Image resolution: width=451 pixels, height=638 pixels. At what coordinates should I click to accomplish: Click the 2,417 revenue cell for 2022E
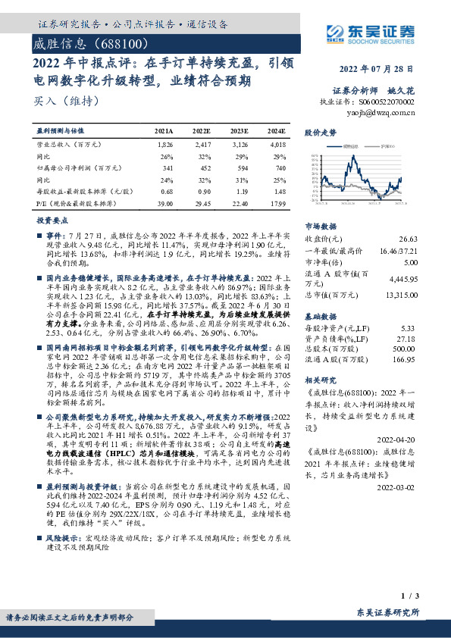coord(202,143)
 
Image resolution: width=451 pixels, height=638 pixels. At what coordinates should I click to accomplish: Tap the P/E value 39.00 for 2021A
coord(164,204)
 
